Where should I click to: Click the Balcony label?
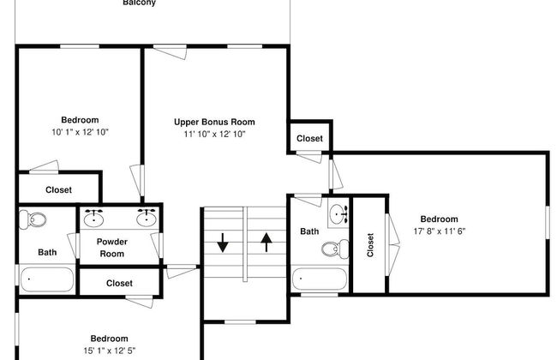[x=139, y=3]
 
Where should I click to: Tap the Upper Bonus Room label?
[x=214, y=122]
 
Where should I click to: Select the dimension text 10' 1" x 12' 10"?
[x=80, y=132]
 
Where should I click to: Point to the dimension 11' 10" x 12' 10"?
[x=214, y=134]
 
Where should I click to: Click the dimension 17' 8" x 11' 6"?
[x=438, y=231]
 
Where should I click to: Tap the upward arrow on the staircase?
[x=266, y=242]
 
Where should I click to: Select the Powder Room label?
[x=111, y=248]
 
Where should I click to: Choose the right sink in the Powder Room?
[x=147, y=217]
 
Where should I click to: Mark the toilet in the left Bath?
[x=35, y=219]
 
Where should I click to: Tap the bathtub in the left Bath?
[x=46, y=278]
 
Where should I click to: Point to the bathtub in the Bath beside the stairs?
[x=319, y=278]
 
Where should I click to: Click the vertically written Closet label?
[x=370, y=245]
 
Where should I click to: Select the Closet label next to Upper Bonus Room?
[x=309, y=139]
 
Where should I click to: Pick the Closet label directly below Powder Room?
[x=119, y=283]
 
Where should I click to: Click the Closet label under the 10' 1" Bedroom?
[x=58, y=189]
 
